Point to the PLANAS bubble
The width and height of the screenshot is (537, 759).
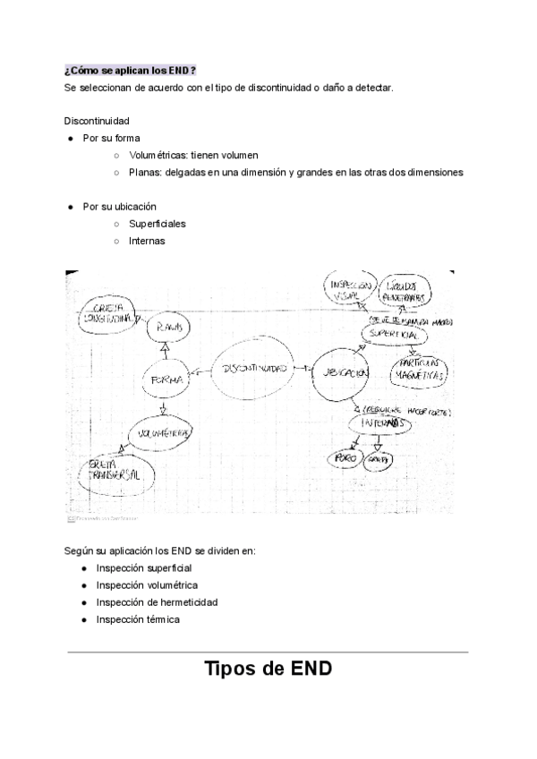(170, 328)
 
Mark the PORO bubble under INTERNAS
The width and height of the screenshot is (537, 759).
(345, 457)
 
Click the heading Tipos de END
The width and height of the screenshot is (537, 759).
(268, 668)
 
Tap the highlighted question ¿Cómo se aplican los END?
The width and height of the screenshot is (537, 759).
(130, 71)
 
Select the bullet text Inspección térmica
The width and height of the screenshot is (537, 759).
(138, 619)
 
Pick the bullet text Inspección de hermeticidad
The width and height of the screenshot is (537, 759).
(157, 602)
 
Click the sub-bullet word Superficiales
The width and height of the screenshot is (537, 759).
(158, 224)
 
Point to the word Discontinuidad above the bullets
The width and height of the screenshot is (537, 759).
(97, 121)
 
